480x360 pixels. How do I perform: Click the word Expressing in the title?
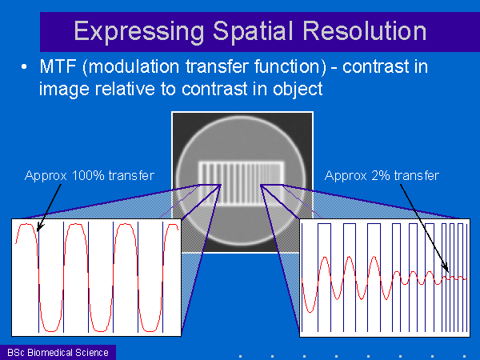point(139,32)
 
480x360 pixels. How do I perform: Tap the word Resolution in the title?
point(364,31)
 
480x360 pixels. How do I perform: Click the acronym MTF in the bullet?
point(58,66)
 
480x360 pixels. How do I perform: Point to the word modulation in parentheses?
point(131,66)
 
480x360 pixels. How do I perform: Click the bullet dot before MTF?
point(24,66)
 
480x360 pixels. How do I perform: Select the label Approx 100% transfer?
point(90,176)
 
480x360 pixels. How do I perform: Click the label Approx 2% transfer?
point(382,176)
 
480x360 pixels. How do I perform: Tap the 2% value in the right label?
point(381,175)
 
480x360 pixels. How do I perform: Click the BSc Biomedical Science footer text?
point(58,353)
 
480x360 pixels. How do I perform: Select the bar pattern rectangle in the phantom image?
point(242,183)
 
